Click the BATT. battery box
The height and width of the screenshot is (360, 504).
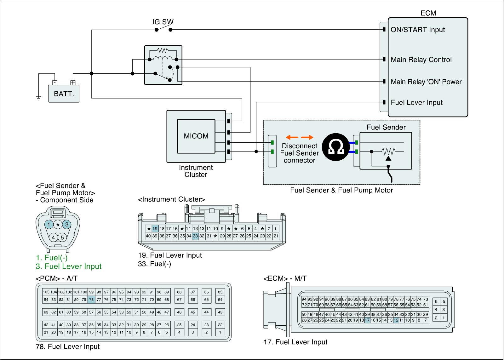tap(64, 94)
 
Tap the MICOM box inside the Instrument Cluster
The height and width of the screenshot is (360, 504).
tap(196, 136)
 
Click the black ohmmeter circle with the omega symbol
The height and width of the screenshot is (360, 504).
tap(335, 147)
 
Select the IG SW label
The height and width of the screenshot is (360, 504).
tap(163, 22)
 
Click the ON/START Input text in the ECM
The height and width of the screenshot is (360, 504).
tap(418, 30)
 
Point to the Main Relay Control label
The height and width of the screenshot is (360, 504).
tap(421, 60)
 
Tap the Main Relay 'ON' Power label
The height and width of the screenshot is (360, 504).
tap(426, 82)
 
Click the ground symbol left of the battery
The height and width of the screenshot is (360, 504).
tap(38, 98)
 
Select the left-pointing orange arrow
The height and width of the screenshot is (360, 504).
tap(292, 137)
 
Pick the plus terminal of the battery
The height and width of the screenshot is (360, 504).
tap(73, 83)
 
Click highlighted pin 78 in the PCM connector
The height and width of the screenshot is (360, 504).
tap(91, 300)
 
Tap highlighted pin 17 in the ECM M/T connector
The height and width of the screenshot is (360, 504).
tap(367, 320)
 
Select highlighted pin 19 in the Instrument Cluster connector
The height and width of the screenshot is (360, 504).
tap(155, 229)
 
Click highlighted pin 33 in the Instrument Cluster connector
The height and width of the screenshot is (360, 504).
tap(195, 236)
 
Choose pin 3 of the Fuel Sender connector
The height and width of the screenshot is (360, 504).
tap(67, 224)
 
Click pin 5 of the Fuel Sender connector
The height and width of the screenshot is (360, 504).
tap(62, 237)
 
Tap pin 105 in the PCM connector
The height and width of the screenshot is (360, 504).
tap(46, 292)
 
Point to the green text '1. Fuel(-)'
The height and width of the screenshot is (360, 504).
tap(52, 258)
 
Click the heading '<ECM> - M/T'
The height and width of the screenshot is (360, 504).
tap(285, 278)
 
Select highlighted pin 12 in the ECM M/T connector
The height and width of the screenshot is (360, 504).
tap(396, 320)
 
